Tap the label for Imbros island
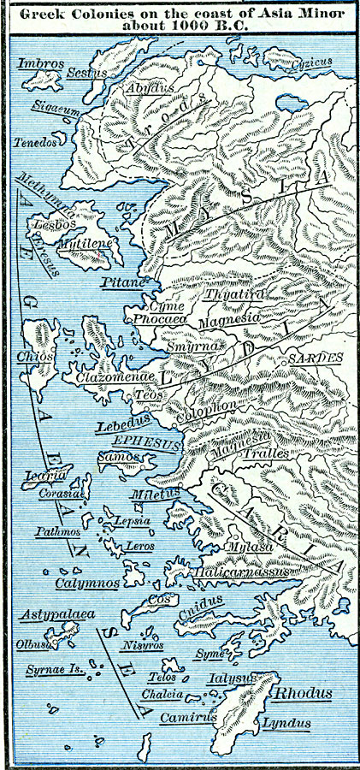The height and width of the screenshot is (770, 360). [37, 62]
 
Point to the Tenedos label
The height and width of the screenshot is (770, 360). [35, 142]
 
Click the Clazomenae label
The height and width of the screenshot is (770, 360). [114, 376]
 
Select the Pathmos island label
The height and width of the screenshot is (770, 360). [58, 531]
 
